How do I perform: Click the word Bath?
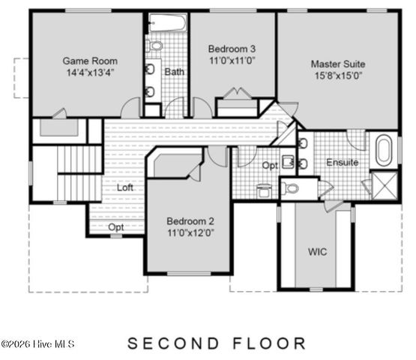(x=175, y=72)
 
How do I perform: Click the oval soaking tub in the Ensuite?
(x=383, y=150)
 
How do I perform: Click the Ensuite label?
(x=342, y=162)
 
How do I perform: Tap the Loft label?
(x=125, y=187)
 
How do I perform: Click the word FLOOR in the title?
(x=265, y=343)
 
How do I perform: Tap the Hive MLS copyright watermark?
(x=37, y=344)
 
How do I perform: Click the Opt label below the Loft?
(x=116, y=226)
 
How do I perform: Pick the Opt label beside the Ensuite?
(x=269, y=165)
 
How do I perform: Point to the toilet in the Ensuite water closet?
(x=292, y=188)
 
